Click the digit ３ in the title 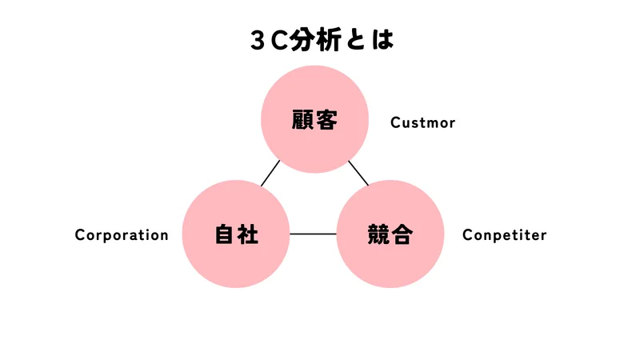point(258,41)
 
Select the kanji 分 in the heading point(307,40)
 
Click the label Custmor point(422,122)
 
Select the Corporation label point(122,235)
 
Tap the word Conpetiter point(504,235)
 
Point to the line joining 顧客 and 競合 point(358,172)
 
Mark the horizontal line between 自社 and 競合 point(313,234)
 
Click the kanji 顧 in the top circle point(302,121)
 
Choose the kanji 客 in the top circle point(327,121)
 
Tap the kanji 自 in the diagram point(224,234)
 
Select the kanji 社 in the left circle point(249,234)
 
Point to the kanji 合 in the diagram point(402,234)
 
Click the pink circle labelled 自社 point(236,256)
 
